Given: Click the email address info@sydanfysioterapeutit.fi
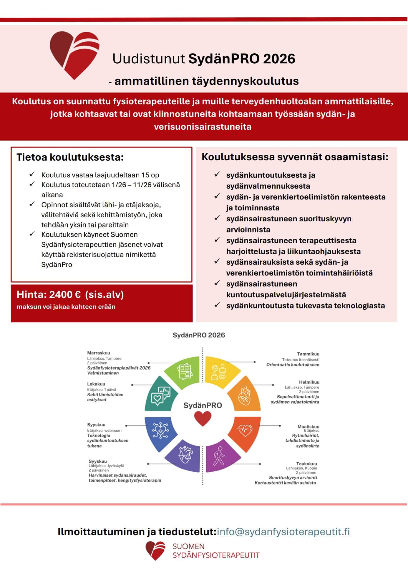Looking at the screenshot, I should point(283,532).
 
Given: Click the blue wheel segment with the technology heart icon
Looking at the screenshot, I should point(160,432).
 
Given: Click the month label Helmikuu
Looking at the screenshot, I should point(309,382).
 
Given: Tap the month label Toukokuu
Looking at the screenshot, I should point(306,464).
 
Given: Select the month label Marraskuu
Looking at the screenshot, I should point(98,353).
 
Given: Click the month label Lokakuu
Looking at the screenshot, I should point(96,384).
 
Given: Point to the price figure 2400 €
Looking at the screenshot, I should point(65,294).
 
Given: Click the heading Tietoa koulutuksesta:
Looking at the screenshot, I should point(70,157).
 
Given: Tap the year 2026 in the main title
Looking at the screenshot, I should point(279,59).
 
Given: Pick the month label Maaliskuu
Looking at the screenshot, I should point(308,426).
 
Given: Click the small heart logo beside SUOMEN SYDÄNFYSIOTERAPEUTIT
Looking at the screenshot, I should point(155,550).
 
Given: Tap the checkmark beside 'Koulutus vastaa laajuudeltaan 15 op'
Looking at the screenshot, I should point(32,174).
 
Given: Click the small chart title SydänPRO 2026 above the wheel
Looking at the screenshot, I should point(199,335).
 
